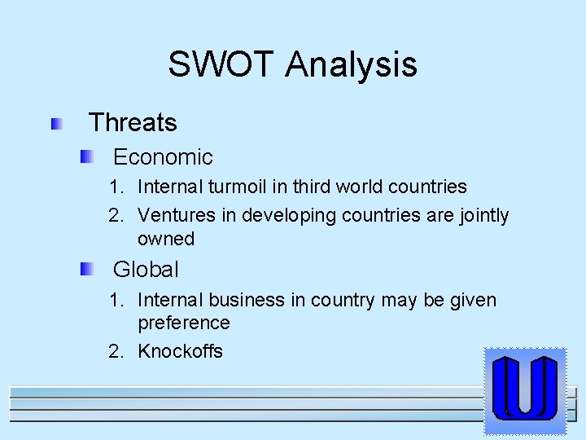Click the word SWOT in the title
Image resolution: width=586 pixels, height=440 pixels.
(x=222, y=64)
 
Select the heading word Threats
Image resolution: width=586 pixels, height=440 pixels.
(x=132, y=123)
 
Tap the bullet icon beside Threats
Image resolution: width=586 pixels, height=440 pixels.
(x=57, y=124)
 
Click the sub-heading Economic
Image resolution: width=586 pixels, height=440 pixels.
(x=163, y=157)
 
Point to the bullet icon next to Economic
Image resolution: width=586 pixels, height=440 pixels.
(x=87, y=156)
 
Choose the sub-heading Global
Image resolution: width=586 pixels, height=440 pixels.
(x=146, y=270)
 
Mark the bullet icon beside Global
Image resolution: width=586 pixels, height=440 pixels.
(x=87, y=269)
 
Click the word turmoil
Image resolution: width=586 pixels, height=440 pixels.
(x=237, y=187)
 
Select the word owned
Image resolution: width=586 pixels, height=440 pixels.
(x=166, y=239)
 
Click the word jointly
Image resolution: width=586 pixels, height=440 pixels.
(x=482, y=216)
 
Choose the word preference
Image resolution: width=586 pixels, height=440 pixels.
(x=184, y=323)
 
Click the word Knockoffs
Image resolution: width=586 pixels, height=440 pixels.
(x=180, y=352)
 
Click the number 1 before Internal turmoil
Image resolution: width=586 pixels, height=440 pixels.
(x=116, y=187)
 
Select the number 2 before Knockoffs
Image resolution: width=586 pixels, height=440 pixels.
(x=116, y=352)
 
